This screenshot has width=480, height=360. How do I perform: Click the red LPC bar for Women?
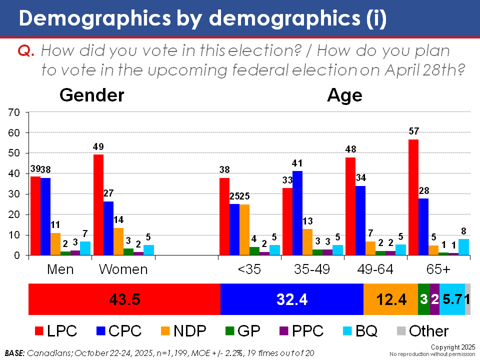coord(99,205)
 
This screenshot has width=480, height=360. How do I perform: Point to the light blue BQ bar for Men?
coord(85,248)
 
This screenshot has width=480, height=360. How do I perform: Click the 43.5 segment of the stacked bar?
coord(124,299)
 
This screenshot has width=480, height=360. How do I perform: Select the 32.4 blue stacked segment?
coord(292,299)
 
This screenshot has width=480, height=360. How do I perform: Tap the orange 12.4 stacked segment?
coord(390,299)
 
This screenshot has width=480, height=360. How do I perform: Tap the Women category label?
coord(123,269)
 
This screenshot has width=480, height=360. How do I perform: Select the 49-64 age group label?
coord(376,269)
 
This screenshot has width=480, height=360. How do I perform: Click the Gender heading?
coord(92,95)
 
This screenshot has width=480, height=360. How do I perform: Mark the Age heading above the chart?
coord(344,95)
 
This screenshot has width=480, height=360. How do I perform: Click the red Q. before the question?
coord(26,50)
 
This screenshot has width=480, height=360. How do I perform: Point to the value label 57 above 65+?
coord(413,131)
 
